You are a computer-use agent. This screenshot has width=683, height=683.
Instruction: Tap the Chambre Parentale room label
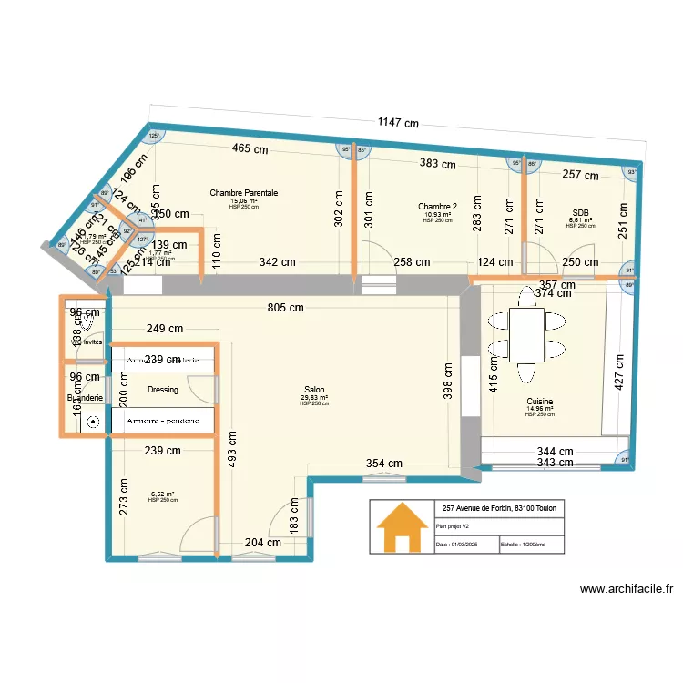coord(243,193)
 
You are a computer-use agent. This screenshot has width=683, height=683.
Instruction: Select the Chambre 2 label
coord(438,207)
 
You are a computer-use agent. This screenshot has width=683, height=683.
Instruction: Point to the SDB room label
coord(580,212)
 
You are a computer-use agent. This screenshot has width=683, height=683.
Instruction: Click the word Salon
coord(314,389)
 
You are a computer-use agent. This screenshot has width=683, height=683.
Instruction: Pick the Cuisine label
coord(539,402)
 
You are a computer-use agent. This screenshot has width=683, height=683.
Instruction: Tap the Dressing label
coord(162,390)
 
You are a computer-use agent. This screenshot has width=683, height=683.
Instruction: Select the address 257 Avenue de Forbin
coord(500,508)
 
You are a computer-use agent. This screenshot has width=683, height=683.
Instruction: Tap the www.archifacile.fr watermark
coord(627,589)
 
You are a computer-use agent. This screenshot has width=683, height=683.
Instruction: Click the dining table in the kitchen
coord(526,334)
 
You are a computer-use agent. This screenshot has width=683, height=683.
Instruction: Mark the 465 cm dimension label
coord(250,148)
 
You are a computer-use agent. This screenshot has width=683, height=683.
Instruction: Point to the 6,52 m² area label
coord(163,494)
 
